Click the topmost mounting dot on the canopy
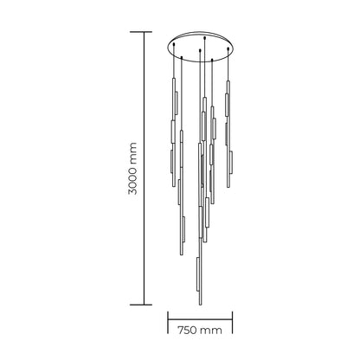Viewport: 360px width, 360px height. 204,37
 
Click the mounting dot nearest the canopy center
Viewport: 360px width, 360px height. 200,52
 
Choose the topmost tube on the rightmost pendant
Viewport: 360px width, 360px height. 229,100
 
